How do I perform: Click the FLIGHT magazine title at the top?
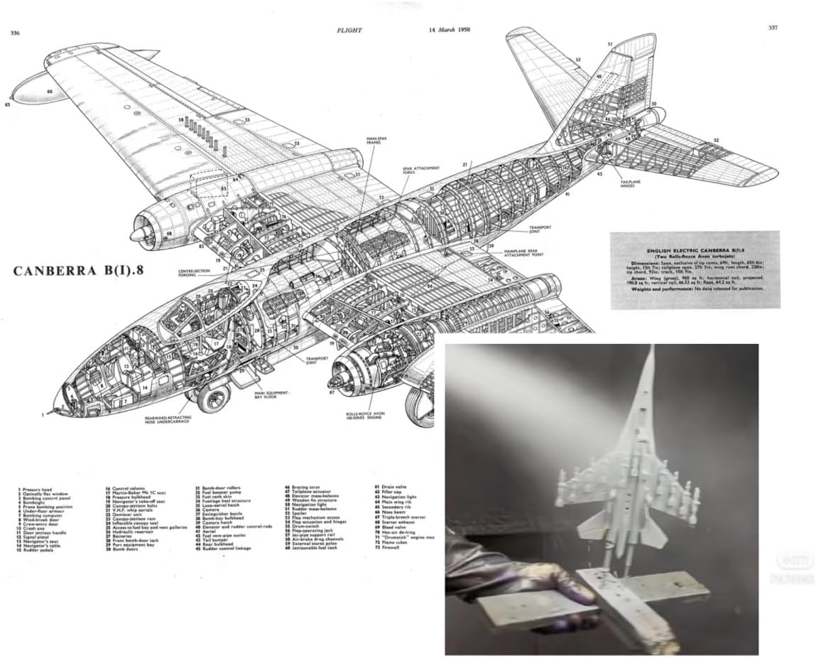[350, 31]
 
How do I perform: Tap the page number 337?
[773, 29]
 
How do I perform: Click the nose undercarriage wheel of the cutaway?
[212, 398]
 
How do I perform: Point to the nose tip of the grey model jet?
[651, 349]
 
